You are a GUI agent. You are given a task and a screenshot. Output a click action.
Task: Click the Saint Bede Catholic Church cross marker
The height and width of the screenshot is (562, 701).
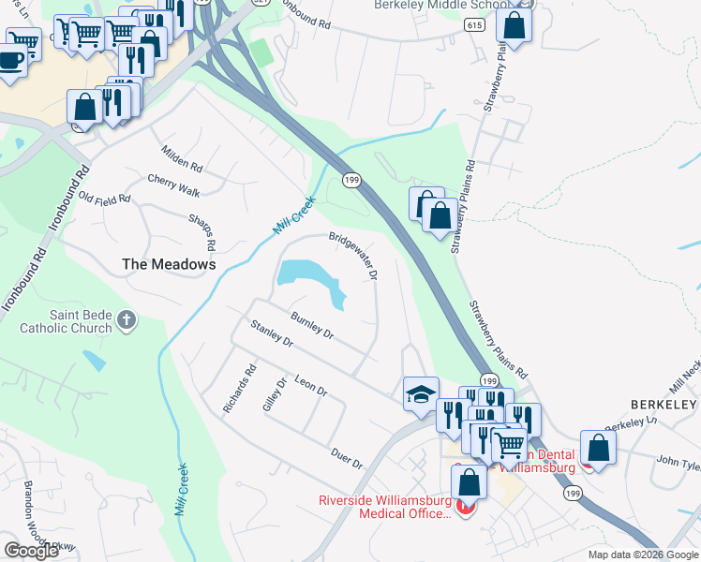click(x=127, y=322)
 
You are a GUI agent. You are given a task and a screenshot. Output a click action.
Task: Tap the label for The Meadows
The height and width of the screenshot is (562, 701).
click(x=170, y=264)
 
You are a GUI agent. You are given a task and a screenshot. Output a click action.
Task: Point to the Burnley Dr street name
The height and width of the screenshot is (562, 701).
click(x=312, y=325)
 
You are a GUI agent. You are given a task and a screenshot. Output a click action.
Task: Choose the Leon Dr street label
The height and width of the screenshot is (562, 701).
click(x=310, y=386)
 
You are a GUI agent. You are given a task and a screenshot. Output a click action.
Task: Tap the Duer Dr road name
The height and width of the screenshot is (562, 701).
click(x=347, y=458)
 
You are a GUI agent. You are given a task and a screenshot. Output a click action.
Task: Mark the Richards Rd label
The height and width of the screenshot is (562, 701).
click(x=249, y=383)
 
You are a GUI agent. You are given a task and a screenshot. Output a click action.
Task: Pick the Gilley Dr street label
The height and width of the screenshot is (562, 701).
click(x=274, y=396)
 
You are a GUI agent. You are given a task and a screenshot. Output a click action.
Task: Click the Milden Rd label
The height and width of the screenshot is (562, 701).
click(x=182, y=158)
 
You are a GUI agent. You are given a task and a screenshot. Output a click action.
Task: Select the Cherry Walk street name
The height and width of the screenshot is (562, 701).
click(x=173, y=185)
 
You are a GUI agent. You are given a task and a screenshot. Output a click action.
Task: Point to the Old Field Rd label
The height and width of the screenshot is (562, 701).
click(x=105, y=199)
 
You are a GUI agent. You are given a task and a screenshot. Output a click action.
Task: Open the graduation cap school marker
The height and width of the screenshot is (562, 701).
click(x=421, y=393)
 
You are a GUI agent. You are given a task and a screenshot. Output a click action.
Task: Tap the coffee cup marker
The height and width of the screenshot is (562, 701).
click(x=11, y=63)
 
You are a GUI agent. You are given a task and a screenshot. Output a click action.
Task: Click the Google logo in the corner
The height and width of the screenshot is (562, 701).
click(x=31, y=550)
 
